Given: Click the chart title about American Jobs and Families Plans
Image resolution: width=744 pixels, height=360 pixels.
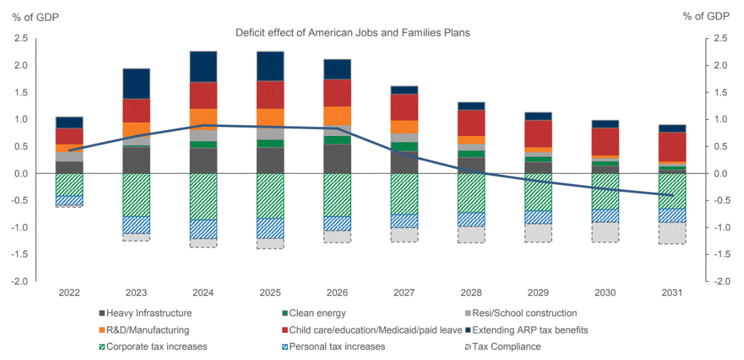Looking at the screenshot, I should [352, 32].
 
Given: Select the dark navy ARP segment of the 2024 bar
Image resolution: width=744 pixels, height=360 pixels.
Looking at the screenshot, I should [203, 66].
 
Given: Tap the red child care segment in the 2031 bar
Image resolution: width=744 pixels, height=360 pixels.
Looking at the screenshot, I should [673, 147].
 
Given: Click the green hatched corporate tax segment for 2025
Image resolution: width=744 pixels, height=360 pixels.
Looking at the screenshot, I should [270, 196].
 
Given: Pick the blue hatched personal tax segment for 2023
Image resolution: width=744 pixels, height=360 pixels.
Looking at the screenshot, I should [136, 225].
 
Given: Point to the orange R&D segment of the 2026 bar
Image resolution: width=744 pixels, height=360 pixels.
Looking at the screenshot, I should [337, 116].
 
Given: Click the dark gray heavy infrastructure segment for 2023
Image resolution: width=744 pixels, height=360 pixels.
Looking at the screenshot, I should [136, 160].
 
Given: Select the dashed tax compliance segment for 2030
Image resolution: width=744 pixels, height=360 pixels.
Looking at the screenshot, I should [605, 232].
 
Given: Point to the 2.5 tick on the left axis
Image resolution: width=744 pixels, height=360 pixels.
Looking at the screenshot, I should [21, 39].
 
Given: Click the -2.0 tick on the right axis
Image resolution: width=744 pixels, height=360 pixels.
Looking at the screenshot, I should [720, 282].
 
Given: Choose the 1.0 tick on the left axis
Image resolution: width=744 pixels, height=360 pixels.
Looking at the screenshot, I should [21, 120].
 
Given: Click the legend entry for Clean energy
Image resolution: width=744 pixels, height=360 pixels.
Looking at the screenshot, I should [317, 313].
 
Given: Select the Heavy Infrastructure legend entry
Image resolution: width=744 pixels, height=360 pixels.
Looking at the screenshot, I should [149, 313].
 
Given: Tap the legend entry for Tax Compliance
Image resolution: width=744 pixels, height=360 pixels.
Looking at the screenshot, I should [506, 346].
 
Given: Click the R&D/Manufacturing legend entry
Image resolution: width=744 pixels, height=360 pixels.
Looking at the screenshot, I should [147, 330].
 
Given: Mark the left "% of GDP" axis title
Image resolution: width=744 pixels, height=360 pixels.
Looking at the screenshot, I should [35, 17].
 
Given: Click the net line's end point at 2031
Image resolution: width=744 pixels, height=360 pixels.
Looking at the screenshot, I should [673, 196].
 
